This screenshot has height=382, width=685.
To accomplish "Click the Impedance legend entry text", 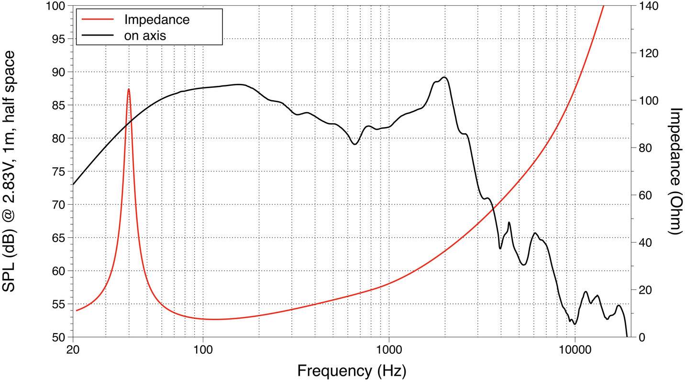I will [156, 19].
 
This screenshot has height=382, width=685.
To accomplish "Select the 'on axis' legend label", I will [145, 35].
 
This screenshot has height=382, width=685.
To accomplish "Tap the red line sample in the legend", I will [98, 19].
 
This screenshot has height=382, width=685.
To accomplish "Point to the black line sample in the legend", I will [98, 35].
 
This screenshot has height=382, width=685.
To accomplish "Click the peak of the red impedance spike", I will [129, 89].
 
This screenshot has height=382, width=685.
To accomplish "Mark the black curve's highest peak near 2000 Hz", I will [444, 77].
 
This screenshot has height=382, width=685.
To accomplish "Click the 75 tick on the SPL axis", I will [59, 172].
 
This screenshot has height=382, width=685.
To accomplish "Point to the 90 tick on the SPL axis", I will [59, 72].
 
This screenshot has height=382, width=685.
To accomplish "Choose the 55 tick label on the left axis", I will [59, 304].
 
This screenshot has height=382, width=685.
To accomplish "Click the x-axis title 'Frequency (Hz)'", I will [352, 370].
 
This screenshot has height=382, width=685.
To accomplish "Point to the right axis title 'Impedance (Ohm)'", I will [675, 171].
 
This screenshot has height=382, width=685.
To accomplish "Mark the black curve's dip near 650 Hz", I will [354, 144].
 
